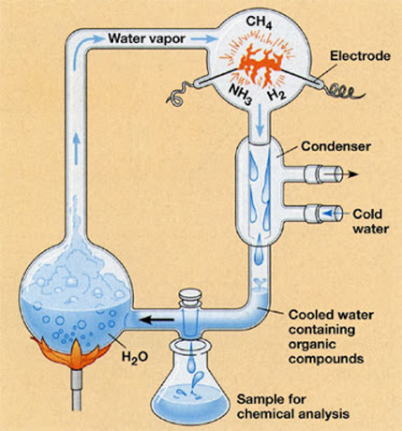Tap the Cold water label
pyautogui.click(x=369, y=219)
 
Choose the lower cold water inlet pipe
pyautogui.click(x=324, y=214)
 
